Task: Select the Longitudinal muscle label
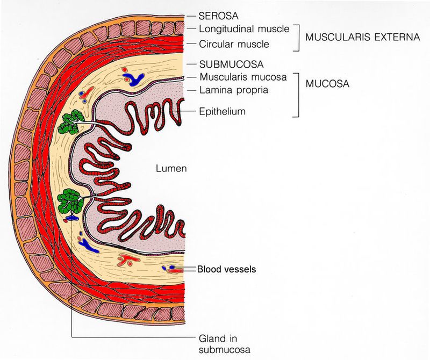pos(244,28)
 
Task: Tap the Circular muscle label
pos(234,44)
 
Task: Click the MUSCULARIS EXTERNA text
pos(362,37)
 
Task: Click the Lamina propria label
pos(233,90)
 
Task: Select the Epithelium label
pos(222,111)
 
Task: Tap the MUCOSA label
pos(327,85)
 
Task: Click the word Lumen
pos(171,169)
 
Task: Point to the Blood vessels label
pos(226,269)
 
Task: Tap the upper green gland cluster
pos(69,123)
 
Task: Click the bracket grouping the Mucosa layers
pos(297,94)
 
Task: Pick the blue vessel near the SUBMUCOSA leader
pos(136,79)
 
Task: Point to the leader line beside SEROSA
pos(191,17)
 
